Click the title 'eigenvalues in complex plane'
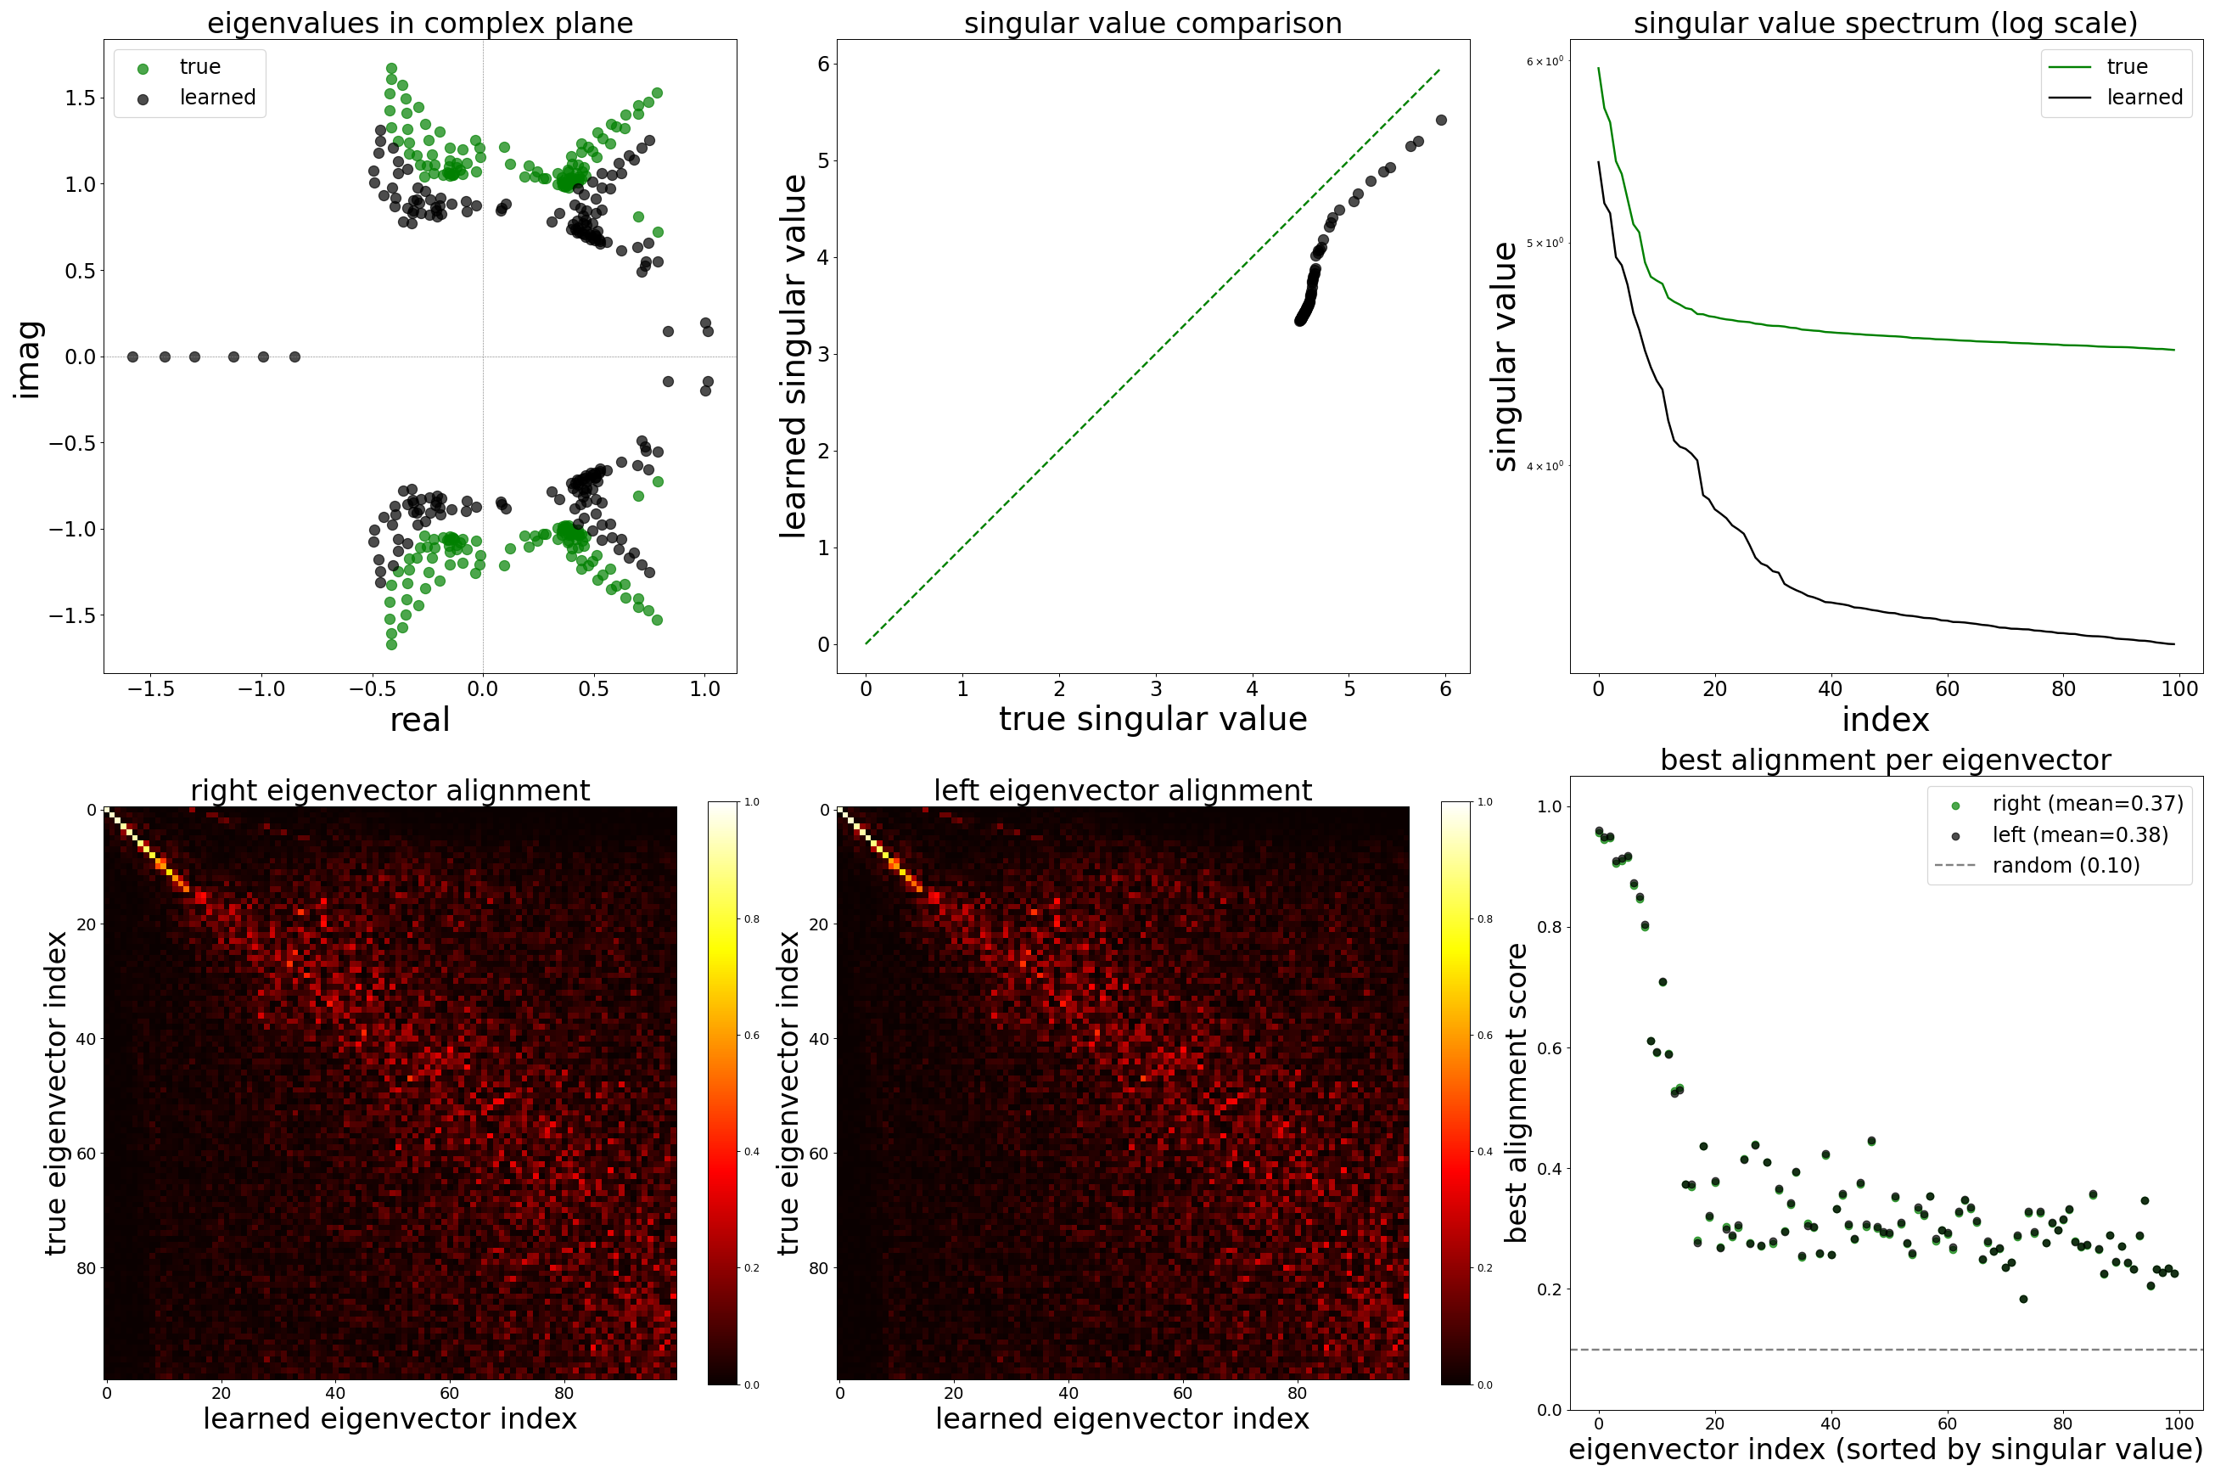coord(420,23)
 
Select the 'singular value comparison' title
coord(1152,23)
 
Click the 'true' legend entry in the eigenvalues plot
coord(199,67)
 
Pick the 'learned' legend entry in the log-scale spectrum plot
coord(2145,97)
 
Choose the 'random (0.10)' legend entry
coord(2066,866)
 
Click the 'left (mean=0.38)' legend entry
coord(2079,834)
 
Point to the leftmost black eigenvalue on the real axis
coord(132,357)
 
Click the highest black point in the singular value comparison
coord(1441,121)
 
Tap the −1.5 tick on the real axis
coord(151,688)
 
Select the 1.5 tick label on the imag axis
coord(80,98)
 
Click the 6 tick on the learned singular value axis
coord(824,64)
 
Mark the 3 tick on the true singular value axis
coord(1156,688)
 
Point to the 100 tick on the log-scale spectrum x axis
coord(2179,688)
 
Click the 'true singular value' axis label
coord(1152,719)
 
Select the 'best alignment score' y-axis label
coord(1515,1092)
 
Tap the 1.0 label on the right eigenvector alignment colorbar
coord(752,802)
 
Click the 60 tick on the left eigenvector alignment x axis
coord(1183,1393)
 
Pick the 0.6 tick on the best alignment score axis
coord(1548,1048)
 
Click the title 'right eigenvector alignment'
coord(390,790)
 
